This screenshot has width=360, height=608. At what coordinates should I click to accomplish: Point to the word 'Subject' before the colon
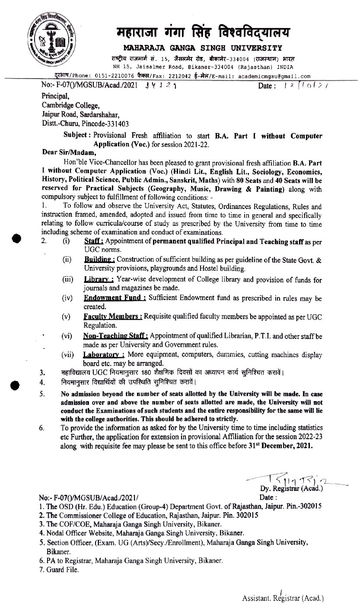click(76, 136)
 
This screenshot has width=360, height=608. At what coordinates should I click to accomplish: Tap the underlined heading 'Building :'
click(99, 260)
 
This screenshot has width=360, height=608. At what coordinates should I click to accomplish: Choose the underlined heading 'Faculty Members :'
click(113, 317)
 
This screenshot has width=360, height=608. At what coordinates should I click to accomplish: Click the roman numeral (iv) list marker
click(67, 298)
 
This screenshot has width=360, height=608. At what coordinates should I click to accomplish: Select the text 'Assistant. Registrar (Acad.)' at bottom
click(283, 598)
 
